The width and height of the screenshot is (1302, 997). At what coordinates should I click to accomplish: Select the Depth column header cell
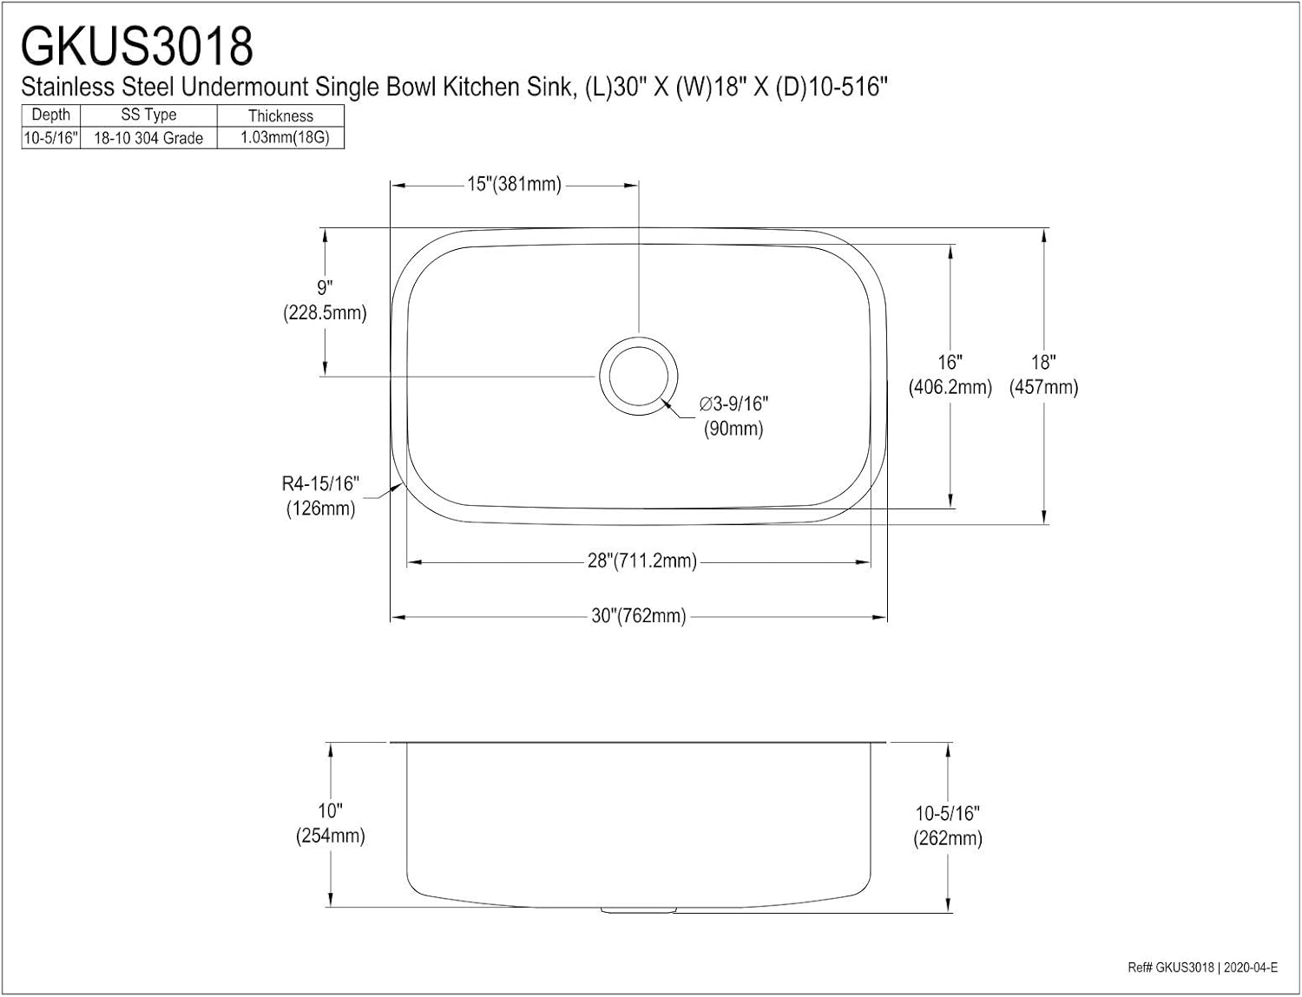pos(50,115)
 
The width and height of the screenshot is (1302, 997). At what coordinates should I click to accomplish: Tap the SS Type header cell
pos(148,115)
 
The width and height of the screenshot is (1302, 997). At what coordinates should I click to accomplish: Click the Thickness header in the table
pos(280,115)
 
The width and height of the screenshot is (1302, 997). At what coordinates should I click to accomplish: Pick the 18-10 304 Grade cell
pos(148,138)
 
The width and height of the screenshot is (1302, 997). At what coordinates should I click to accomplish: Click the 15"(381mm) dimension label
pos(514,184)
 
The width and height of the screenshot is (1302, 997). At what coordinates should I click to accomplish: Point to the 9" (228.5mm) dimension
pos(325,300)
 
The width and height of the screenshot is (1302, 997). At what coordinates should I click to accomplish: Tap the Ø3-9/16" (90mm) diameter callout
pos(733,417)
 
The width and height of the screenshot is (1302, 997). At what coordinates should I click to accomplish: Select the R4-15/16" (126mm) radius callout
pos(320,496)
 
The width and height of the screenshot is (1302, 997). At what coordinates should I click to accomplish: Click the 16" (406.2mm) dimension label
pos(950,375)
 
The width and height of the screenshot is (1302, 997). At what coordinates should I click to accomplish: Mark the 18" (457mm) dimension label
pos(1043,375)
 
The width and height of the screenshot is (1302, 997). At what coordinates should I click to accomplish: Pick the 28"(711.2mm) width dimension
pos(641,561)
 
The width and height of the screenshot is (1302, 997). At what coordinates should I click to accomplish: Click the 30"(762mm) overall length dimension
pos(639,616)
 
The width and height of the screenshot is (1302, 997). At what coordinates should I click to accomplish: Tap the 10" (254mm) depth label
pos(330,823)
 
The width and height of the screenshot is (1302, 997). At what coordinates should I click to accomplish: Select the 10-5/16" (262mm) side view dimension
pos(947,826)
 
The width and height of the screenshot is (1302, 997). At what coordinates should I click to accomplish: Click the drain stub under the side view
pos(639,909)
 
